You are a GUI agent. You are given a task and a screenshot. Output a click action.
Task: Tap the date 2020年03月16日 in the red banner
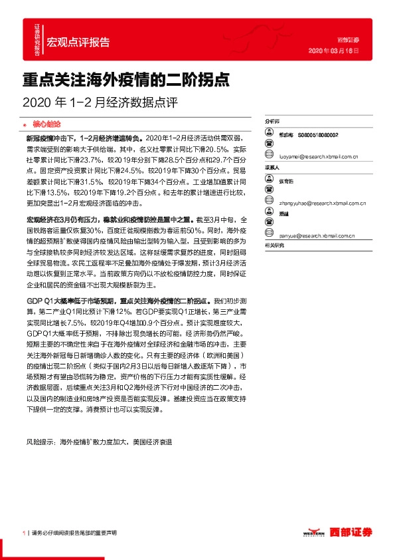[335, 50]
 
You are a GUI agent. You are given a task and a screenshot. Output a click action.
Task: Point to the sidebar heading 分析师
[272, 123]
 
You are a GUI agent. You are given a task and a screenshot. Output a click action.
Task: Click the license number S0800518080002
[317, 134]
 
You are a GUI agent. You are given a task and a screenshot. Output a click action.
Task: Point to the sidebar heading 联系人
[272, 168]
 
